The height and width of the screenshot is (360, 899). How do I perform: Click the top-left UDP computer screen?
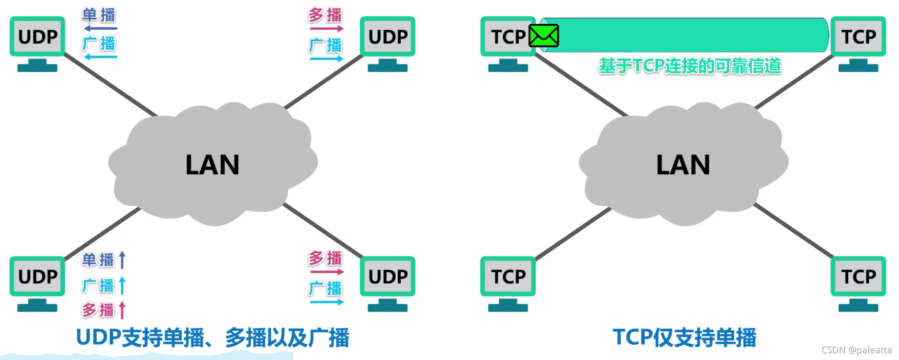pos(37,36)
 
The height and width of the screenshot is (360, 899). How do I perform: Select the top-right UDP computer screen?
pos(388,36)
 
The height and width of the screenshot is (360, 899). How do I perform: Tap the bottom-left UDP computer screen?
pos(37,276)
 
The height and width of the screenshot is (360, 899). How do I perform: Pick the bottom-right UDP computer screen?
pos(388,276)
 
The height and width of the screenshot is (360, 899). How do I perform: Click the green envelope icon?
pos(544,36)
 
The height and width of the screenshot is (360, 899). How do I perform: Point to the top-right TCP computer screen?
pos(859,36)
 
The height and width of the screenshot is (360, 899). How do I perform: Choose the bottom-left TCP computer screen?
pos(508,276)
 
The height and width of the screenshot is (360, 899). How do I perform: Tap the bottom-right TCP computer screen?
pos(859,276)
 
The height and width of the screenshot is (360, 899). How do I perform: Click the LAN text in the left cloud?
pos(212,165)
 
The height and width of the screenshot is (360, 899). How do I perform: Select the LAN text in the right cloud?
pos(683,165)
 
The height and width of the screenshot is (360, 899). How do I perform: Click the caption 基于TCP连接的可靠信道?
pos(690,66)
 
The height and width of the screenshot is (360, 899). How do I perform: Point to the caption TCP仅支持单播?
pos(685,337)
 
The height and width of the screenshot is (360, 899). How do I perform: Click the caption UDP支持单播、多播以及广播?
pos(213,337)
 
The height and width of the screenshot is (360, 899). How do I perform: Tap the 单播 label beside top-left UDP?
pos(99,15)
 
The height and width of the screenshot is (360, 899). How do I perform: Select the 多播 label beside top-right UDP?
pos(326,15)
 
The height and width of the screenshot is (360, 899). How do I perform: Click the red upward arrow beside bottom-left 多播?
pos(122,310)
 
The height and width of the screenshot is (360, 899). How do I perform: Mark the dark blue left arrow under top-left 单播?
pos(101,29)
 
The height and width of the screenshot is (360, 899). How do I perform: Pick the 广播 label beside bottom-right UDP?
pos(326,289)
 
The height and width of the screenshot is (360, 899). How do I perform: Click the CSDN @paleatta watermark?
pos(856,350)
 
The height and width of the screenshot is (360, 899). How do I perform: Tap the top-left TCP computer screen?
pos(508,36)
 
